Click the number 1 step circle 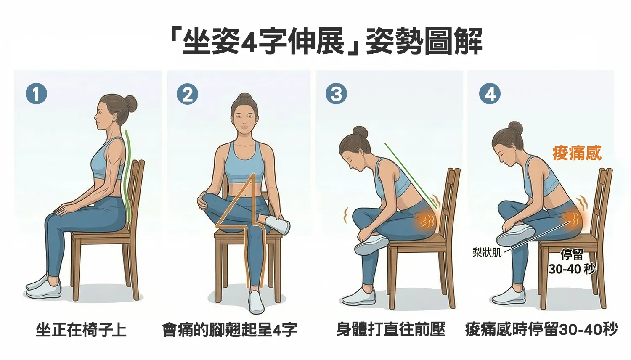[x=36, y=94]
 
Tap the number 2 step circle [x=187, y=94]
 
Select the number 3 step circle [x=337, y=94]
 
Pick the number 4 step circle [x=490, y=94]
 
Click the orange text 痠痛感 [x=577, y=153]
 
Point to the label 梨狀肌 [x=487, y=252]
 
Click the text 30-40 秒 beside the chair [x=572, y=269]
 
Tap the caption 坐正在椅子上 [x=81, y=330]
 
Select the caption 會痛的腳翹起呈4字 [x=230, y=330]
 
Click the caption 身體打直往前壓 [x=391, y=330]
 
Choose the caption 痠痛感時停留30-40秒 [x=541, y=330]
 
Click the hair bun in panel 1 [x=131, y=104]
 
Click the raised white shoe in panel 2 [x=278, y=225]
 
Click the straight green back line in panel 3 [x=411, y=176]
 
